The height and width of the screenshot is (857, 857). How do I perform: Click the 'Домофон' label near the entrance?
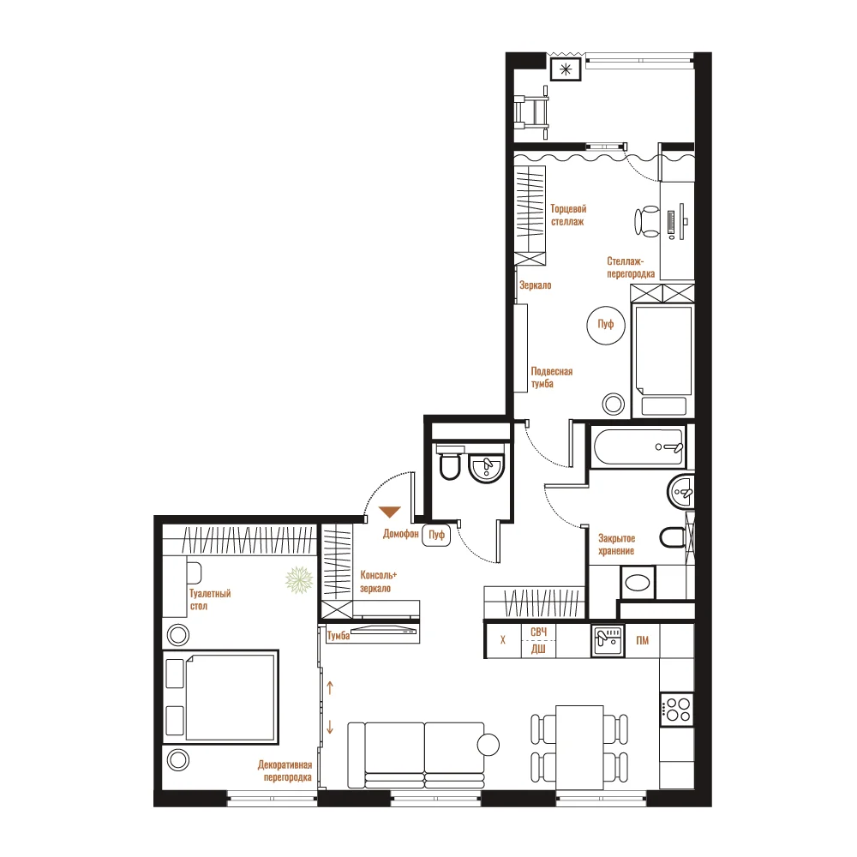400,534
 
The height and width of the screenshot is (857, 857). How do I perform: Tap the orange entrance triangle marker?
390,511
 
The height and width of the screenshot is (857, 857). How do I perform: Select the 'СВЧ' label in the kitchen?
538,632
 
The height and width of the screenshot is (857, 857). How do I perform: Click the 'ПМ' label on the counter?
642,640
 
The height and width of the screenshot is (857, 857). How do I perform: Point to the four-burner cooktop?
677,710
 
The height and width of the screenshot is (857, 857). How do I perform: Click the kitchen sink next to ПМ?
608,640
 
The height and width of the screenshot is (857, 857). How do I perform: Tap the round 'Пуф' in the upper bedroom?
606,325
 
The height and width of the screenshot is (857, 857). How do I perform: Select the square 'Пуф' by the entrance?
436,535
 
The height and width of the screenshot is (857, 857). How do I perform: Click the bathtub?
638,447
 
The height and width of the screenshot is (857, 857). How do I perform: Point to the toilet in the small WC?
450,464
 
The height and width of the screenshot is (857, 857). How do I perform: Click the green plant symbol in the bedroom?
299,580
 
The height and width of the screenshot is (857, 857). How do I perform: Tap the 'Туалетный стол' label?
210,600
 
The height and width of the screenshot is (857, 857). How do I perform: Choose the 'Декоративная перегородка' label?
285,771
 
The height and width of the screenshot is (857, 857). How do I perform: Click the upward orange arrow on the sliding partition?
330,687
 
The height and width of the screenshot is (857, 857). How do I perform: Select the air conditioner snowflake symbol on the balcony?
566,69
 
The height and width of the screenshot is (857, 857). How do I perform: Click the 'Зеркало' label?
535,285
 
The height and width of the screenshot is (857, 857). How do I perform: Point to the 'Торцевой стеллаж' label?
568,215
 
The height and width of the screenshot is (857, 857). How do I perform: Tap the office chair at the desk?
647,221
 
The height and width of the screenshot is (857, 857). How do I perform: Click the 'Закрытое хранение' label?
616,545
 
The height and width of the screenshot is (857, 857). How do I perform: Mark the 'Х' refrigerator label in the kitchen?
503,640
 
